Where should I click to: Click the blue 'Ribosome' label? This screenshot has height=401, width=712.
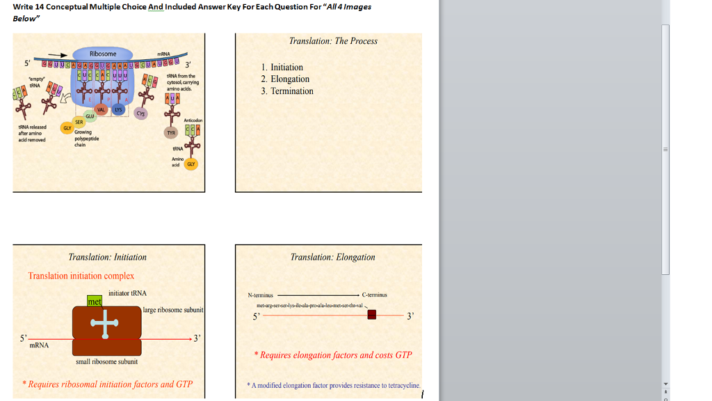[x=103, y=54]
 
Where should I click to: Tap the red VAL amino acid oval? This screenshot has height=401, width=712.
[x=101, y=109]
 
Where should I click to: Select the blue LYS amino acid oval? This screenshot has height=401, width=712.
[x=118, y=109]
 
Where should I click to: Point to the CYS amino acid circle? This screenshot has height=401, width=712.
[x=142, y=113]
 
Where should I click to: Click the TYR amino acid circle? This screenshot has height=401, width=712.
[x=170, y=132]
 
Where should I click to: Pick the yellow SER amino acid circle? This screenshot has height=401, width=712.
[x=79, y=121]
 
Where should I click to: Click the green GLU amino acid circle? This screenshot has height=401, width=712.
[x=90, y=116]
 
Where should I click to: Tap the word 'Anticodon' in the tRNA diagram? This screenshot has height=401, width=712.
[x=193, y=120]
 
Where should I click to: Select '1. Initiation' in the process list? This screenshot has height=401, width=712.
[x=282, y=68]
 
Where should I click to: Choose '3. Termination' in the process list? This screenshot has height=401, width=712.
[x=287, y=91]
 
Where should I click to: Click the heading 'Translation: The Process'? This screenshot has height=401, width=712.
[x=333, y=41]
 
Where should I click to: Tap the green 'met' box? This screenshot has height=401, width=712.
[x=95, y=301]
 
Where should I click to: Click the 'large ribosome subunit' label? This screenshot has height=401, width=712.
[x=173, y=310]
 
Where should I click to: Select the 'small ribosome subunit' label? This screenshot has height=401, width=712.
[x=106, y=361]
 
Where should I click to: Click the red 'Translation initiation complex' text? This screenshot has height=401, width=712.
[x=81, y=276]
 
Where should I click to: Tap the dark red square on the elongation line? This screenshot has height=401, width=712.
[x=372, y=315]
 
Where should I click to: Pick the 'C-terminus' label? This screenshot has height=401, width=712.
[x=374, y=294]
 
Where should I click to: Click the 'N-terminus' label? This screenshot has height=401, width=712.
[x=261, y=294]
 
